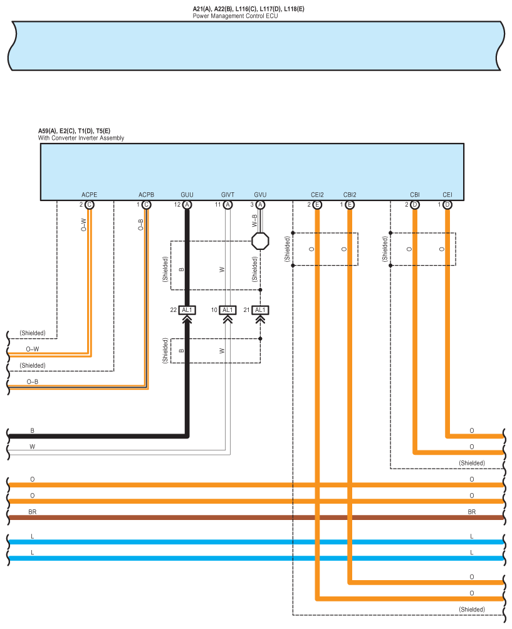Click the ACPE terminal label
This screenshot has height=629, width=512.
point(89,195)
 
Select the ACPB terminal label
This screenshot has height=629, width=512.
point(146,195)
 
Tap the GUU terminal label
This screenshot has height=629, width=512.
point(187,195)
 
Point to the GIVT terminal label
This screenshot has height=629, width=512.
point(227,195)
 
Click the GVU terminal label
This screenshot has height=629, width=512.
point(260,195)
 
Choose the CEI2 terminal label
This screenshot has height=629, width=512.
point(317,195)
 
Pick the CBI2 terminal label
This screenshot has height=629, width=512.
point(350,195)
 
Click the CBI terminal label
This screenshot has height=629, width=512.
point(414,195)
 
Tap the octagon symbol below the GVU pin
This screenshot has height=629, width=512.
point(260,241)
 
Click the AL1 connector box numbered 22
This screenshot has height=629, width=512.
point(187,310)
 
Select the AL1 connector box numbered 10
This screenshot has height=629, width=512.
point(227,310)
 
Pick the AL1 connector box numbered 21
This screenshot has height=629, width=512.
point(260,310)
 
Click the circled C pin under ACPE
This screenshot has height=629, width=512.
point(89,205)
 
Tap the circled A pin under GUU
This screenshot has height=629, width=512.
point(187,205)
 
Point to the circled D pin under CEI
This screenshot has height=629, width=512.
point(447,205)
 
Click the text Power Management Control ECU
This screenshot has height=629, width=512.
point(235,16)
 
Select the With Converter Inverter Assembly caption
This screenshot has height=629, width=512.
point(81,138)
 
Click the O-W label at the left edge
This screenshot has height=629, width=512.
point(33,349)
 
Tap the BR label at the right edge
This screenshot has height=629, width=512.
point(471,512)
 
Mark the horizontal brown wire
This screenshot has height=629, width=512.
point(256,517)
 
